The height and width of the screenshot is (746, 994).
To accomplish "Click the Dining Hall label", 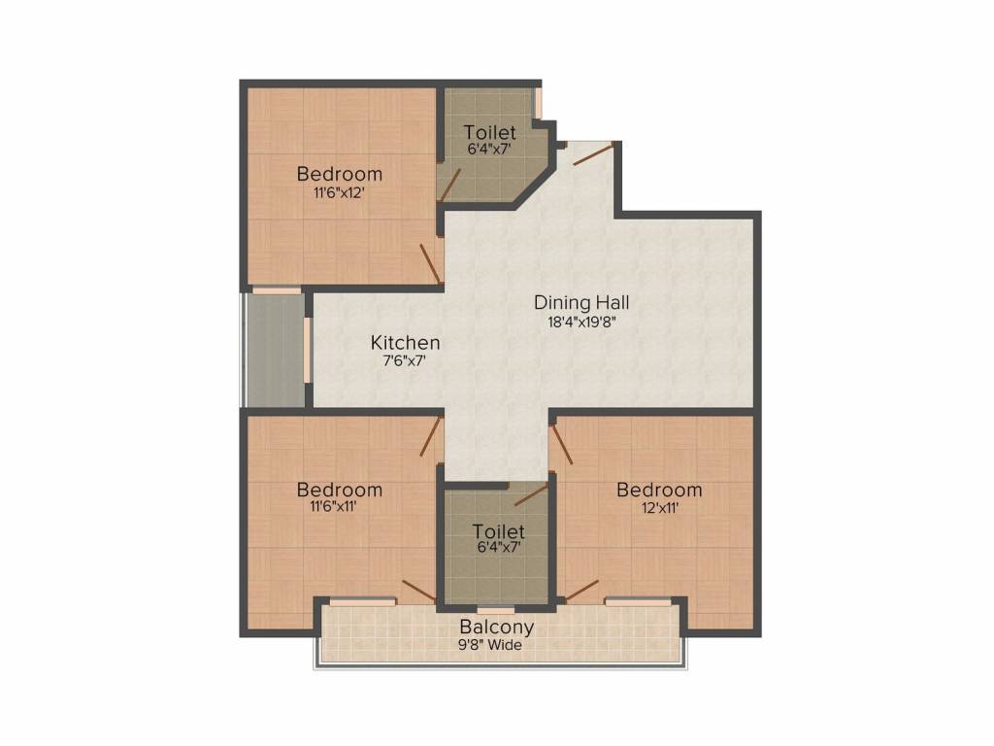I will click(x=581, y=303).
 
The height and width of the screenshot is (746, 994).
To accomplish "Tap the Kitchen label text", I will click(x=405, y=343).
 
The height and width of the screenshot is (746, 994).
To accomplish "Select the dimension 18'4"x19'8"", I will click(x=581, y=322).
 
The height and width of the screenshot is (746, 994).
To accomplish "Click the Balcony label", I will click(x=496, y=627).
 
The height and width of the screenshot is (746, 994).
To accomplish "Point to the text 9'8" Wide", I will click(x=496, y=644).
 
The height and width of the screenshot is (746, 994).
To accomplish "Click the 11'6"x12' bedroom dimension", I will click(x=339, y=192).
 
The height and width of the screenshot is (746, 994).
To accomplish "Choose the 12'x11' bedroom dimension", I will click(x=659, y=507).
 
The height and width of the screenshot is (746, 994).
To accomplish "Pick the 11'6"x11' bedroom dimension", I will click(x=339, y=507).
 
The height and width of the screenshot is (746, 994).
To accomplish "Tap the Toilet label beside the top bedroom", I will click(x=489, y=132).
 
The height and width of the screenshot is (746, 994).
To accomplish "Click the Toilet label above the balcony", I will click(x=498, y=532).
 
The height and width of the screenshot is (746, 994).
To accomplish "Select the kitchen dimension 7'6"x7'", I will click(x=405, y=360).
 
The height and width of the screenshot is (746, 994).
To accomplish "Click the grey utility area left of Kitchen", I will click(x=276, y=350).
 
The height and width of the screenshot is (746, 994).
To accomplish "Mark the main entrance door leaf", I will click(x=592, y=154).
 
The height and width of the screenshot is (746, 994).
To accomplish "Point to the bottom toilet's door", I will click(x=530, y=495).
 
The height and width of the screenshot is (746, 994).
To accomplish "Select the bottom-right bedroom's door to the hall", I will click(x=561, y=445).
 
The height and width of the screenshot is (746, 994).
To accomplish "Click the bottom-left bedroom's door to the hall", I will click(x=432, y=437).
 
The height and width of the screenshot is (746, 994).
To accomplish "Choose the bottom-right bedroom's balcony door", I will click(x=580, y=591).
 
